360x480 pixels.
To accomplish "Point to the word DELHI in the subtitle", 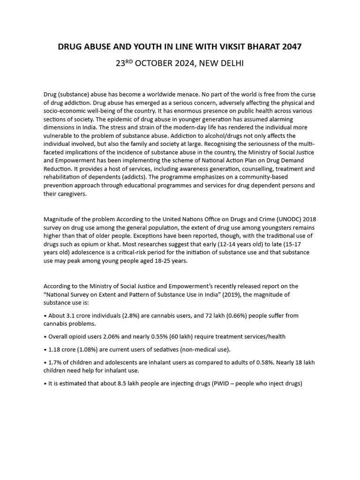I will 230,63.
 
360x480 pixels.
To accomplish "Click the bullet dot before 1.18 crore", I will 45,350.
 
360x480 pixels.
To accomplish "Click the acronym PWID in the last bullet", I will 225,383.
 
